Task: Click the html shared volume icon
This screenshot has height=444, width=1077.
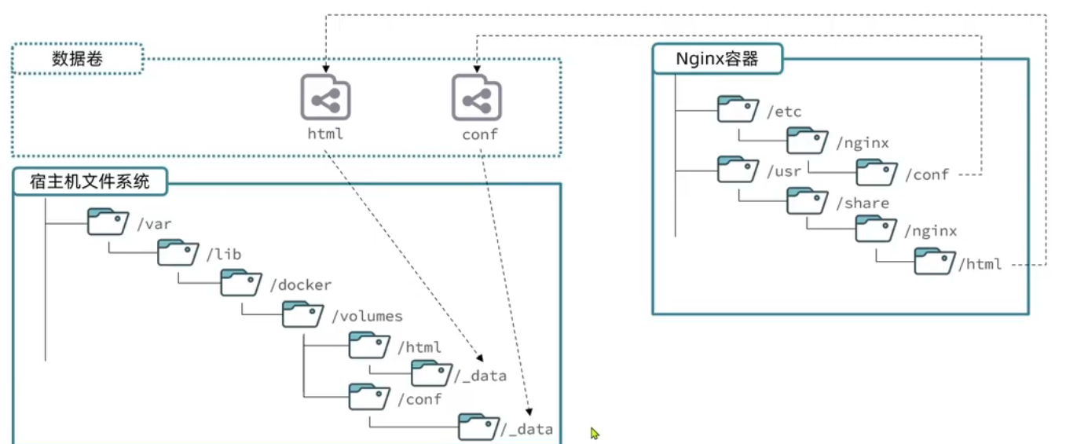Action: point(325,97)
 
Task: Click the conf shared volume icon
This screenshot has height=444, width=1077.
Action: point(477,97)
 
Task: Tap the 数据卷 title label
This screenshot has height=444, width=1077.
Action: point(78,59)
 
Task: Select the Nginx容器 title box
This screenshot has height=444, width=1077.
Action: point(717,59)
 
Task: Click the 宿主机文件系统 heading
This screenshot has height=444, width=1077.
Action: point(90,182)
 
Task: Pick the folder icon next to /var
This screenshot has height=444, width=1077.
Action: point(108,222)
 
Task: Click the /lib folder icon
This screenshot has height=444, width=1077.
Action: point(178,252)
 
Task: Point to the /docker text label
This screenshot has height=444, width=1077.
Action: point(301,284)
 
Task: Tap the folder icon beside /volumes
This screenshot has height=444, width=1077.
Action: point(302,314)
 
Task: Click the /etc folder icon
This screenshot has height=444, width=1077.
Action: point(738,109)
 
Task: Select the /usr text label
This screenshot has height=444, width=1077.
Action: point(784,171)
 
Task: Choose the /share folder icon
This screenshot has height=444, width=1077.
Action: point(808,201)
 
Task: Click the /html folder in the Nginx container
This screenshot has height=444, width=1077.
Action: point(934,262)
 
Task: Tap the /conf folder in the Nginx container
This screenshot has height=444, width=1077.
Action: point(877,172)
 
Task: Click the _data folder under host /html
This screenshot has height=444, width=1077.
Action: point(431,373)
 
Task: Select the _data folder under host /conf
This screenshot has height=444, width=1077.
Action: point(478,427)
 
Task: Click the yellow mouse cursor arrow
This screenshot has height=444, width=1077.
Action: point(595,433)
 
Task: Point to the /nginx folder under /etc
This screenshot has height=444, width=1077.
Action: point(808,141)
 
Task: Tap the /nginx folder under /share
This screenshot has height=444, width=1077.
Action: point(876,229)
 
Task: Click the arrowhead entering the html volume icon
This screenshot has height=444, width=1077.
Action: point(326,69)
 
